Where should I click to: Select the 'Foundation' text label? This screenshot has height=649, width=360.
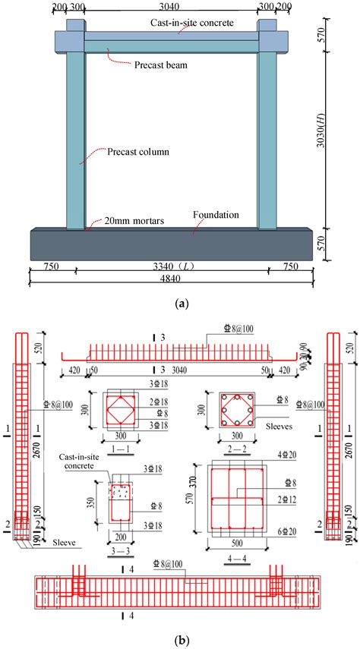tap(216, 215)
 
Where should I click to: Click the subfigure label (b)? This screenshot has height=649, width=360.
tap(180, 640)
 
